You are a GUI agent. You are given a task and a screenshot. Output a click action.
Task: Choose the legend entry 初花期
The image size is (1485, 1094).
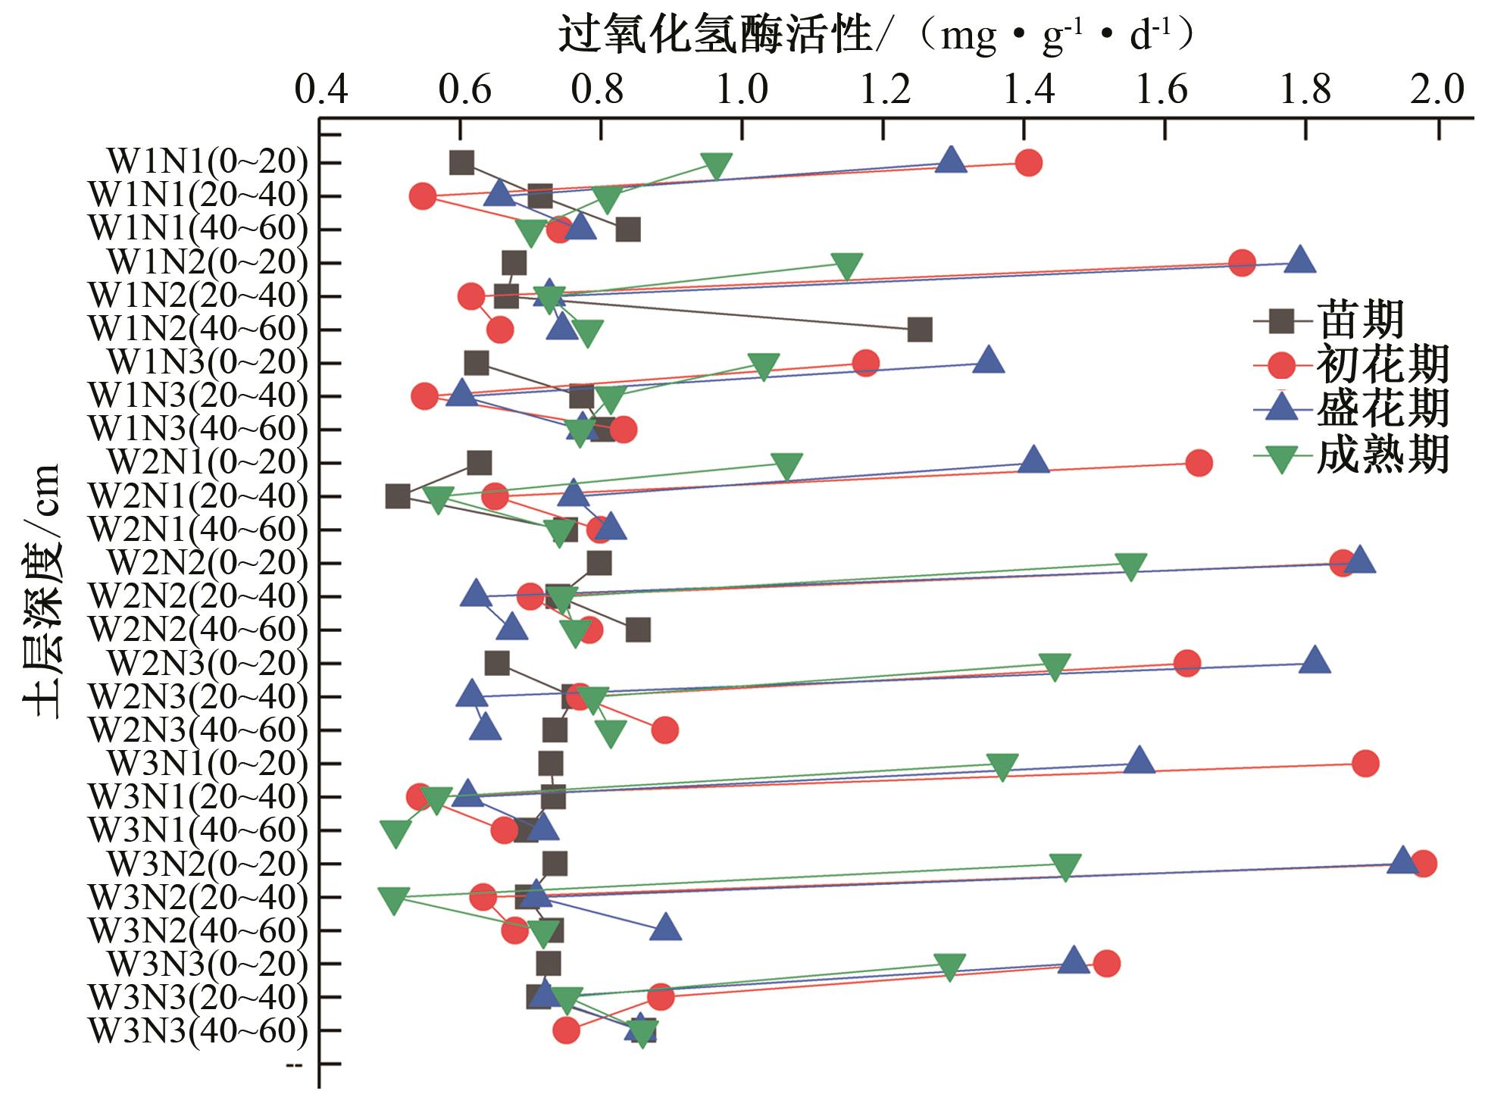[x=1383, y=365]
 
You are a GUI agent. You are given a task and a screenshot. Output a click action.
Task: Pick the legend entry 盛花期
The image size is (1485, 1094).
[x=1383, y=410]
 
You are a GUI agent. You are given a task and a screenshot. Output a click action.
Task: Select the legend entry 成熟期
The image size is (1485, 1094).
[x=1383, y=455]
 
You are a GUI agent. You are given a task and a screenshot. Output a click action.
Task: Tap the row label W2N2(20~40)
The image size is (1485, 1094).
[x=199, y=597]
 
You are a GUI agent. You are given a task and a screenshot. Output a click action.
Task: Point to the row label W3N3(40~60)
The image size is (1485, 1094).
[x=199, y=1031]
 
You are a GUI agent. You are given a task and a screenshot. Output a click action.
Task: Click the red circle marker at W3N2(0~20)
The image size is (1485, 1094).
[x=1423, y=864]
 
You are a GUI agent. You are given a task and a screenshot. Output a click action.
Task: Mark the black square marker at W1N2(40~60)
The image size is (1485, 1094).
[x=919, y=330]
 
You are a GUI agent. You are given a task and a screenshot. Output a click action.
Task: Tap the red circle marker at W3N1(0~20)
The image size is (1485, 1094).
[x=1365, y=764]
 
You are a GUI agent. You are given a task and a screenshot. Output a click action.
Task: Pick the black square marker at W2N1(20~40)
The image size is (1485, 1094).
[x=398, y=497]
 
